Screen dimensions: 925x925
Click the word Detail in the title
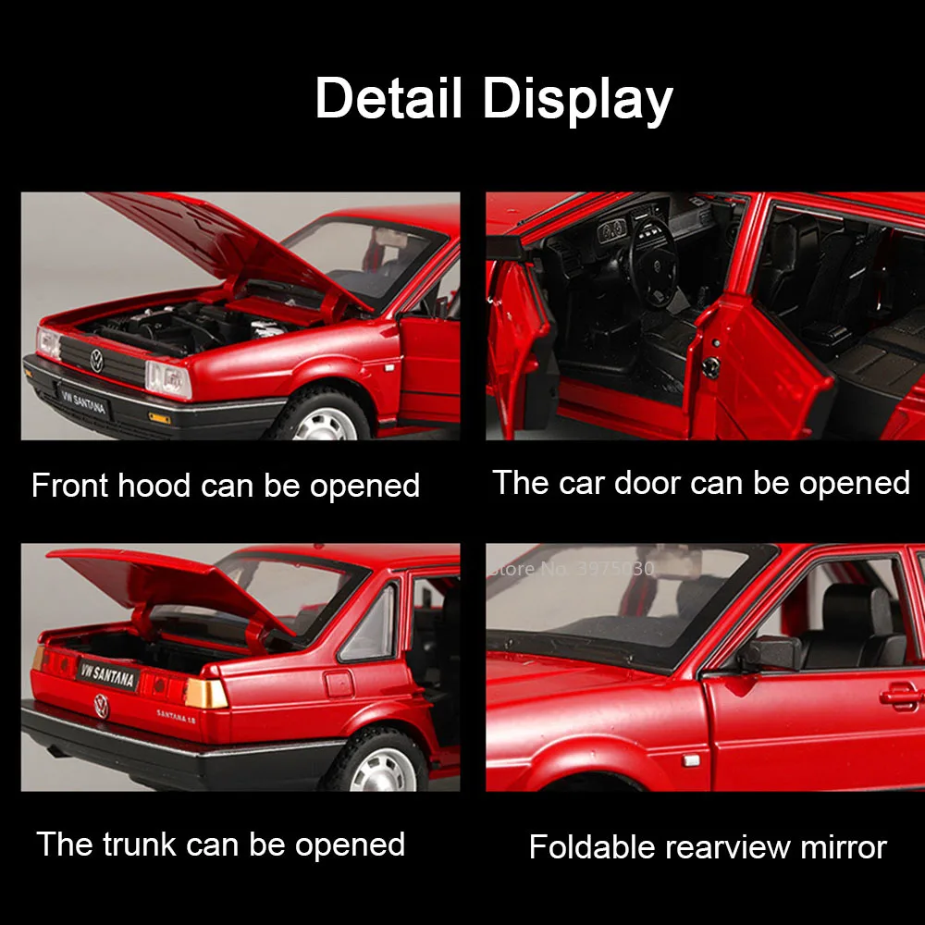(x=388, y=98)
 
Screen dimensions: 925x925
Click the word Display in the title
(x=578, y=100)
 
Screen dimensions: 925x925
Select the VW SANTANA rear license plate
(x=108, y=676)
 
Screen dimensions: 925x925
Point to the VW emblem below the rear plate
(x=101, y=708)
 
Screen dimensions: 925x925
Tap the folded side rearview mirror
(x=767, y=652)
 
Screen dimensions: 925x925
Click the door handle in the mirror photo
(x=900, y=695)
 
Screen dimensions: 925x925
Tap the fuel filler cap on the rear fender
(x=339, y=683)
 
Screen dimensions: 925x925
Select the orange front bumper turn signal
(x=160, y=418)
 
